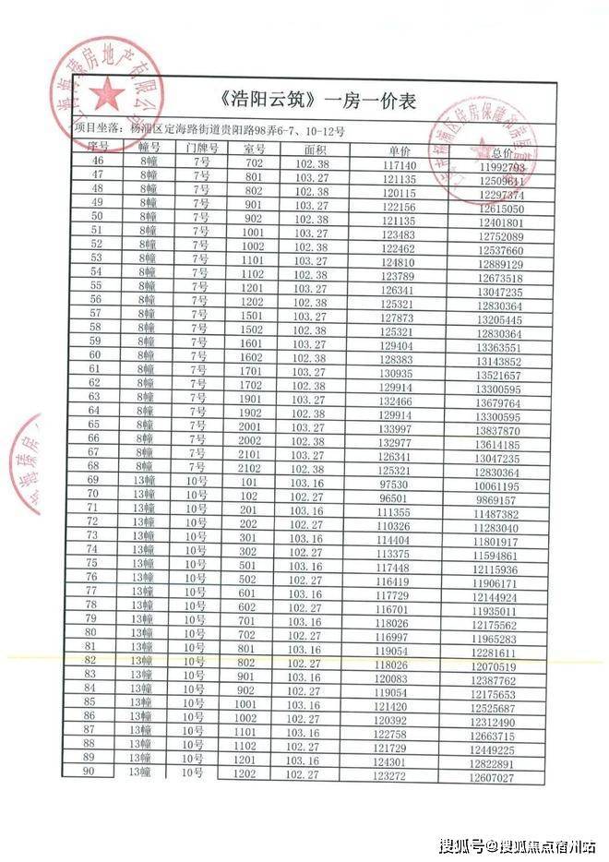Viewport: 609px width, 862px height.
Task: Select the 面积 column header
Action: tap(316, 149)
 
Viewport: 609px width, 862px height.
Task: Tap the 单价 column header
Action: tap(399, 150)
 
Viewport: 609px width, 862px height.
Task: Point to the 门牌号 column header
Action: tap(201, 149)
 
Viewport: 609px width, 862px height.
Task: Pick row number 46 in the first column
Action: tap(96, 162)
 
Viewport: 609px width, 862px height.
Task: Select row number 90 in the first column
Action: tap(90, 772)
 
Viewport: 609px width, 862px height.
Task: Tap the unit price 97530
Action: tap(395, 483)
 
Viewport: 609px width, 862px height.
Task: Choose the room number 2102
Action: tap(253, 469)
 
